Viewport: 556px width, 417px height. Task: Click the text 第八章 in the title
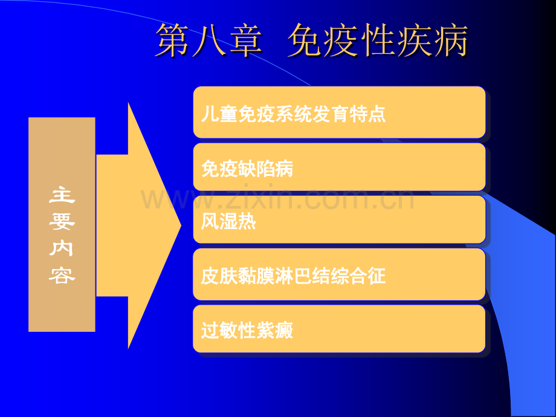coord(209,40)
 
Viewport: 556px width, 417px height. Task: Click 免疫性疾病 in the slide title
coord(378,40)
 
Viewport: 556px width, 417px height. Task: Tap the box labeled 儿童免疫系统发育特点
coord(340,112)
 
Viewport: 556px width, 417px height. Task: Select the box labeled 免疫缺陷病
coord(340,167)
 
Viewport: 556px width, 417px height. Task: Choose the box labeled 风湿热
coord(340,219)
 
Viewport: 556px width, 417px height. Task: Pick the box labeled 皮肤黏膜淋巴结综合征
coord(340,274)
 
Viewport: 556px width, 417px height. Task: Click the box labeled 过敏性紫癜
coord(340,329)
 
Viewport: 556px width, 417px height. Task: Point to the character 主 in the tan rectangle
coord(62,195)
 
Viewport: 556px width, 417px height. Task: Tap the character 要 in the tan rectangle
coord(62,222)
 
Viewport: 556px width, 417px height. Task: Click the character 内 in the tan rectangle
coord(62,248)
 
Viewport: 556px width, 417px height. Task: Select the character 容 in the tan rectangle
coord(62,276)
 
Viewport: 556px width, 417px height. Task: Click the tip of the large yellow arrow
coord(181,225)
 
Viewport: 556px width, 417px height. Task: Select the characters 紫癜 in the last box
coord(275,331)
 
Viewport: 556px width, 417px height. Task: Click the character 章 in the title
coord(245,40)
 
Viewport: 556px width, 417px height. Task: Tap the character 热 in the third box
coord(247,222)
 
